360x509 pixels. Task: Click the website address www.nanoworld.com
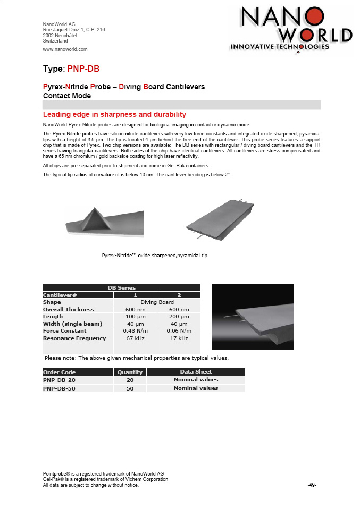[65, 49]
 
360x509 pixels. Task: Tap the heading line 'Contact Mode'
[66, 96]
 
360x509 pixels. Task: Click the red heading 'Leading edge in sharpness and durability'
[114, 114]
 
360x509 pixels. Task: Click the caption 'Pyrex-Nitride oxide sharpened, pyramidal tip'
[154, 256]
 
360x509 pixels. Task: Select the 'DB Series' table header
[121, 287]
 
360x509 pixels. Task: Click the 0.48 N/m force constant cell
[135, 331]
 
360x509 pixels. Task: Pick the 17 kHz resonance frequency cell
[179, 338]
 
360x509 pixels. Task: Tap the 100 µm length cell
[135, 317]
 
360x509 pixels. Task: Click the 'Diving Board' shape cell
[157, 302]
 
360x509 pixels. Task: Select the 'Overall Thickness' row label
[68, 309]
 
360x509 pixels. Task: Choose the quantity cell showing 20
[130, 380]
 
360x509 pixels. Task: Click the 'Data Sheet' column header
[196, 371]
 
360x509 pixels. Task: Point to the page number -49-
[312, 485]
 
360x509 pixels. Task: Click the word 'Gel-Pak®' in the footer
[53, 479]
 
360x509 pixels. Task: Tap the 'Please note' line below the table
[137, 358]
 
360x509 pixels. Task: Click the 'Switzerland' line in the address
[55, 40]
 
